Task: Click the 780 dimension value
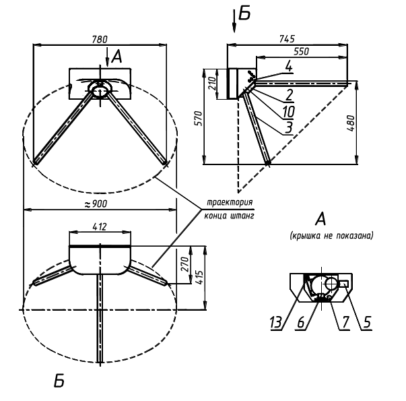coord(100,39)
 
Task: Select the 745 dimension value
coord(287,39)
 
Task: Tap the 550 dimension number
coord(302,51)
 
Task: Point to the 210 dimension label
coord(212,84)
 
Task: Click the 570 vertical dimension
coord(199,119)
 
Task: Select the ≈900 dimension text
coord(96,204)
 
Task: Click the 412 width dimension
coord(100,227)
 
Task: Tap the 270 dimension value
coord(185,264)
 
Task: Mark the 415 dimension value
coord(199,278)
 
